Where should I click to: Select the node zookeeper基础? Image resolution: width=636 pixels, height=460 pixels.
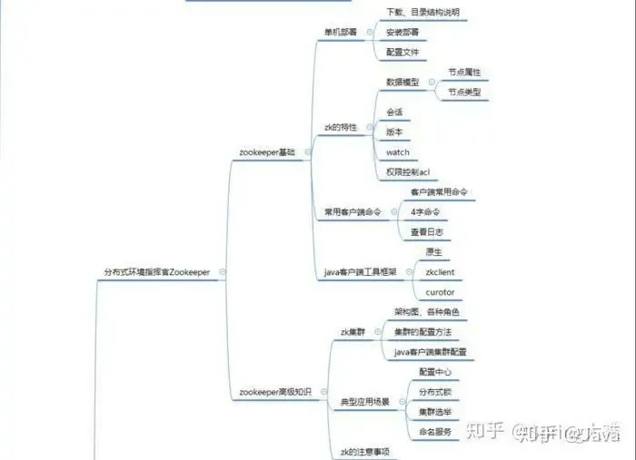pos(266,152)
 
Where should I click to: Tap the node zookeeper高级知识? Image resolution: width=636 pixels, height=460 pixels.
pos(274,392)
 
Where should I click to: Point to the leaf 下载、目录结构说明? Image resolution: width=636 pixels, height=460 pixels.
pos(422,12)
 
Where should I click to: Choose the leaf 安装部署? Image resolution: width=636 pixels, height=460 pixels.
pos(401,32)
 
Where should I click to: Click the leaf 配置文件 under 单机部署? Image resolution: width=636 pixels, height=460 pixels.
pos(401,53)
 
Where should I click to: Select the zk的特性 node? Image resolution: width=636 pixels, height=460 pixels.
pos(341,126)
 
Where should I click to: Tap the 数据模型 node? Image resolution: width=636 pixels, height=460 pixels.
pos(402,81)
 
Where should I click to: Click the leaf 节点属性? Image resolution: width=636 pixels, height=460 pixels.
pos(464,71)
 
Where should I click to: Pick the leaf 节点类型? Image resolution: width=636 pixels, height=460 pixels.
pos(464,92)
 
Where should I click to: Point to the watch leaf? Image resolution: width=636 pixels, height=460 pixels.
pos(398,152)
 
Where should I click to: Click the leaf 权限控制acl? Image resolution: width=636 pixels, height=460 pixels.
pos(408,171)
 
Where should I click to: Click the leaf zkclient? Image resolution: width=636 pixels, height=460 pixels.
pos(440,271)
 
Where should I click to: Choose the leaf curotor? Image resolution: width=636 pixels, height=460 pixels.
pos(440,292)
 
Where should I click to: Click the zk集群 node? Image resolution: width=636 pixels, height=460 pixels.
pos(352,332)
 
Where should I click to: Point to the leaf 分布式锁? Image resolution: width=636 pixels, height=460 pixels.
pos(434,392)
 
